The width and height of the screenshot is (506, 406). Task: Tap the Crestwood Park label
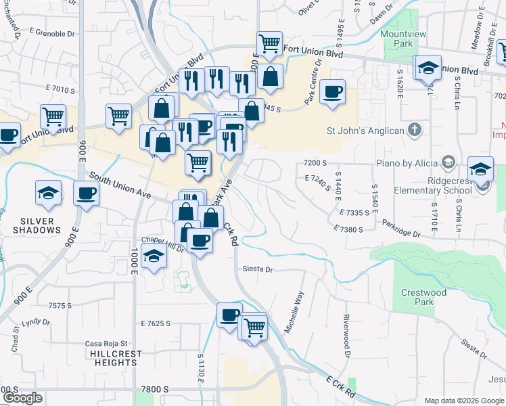[x=423, y=297]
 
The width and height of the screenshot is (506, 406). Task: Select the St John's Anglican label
[x=365, y=131]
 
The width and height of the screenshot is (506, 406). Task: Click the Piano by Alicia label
[x=406, y=162]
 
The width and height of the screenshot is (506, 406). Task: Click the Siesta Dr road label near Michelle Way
[x=258, y=269]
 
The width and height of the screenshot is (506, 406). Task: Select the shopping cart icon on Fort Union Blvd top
[x=270, y=43]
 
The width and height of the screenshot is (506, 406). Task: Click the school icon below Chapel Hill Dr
[x=154, y=257]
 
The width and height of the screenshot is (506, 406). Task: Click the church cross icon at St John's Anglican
[x=416, y=130]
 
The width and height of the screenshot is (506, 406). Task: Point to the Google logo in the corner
[x=22, y=398]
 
